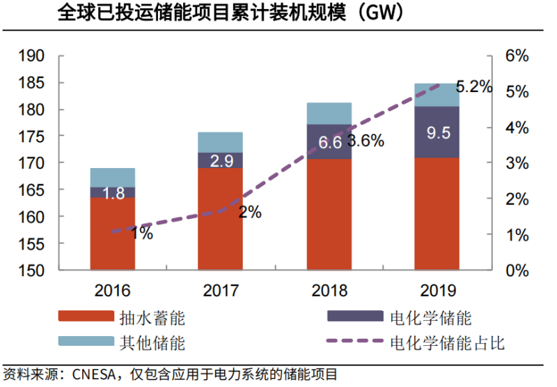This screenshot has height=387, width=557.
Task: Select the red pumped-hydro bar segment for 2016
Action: pyautogui.click(x=112, y=234)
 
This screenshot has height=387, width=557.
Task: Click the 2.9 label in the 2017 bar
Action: pyautogui.click(x=221, y=161)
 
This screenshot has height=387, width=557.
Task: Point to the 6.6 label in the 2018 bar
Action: pyautogui.click(x=329, y=143)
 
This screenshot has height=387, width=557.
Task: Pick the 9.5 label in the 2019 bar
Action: pyautogui.click(x=437, y=132)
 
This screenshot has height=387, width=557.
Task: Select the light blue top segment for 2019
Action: pyautogui.click(x=437, y=95)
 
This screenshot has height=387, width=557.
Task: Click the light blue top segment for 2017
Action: pyautogui.click(x=221, y=142)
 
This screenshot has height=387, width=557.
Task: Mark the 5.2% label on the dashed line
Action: pyautogui.click(x=473, y=87)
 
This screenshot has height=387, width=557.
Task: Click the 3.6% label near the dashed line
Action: pyautogui.click(x=366, y=141)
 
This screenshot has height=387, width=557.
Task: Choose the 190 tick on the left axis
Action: pyautogui.click(x=32, y=56)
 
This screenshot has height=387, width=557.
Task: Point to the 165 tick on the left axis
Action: pyautogui.click(x=32, y=190)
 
